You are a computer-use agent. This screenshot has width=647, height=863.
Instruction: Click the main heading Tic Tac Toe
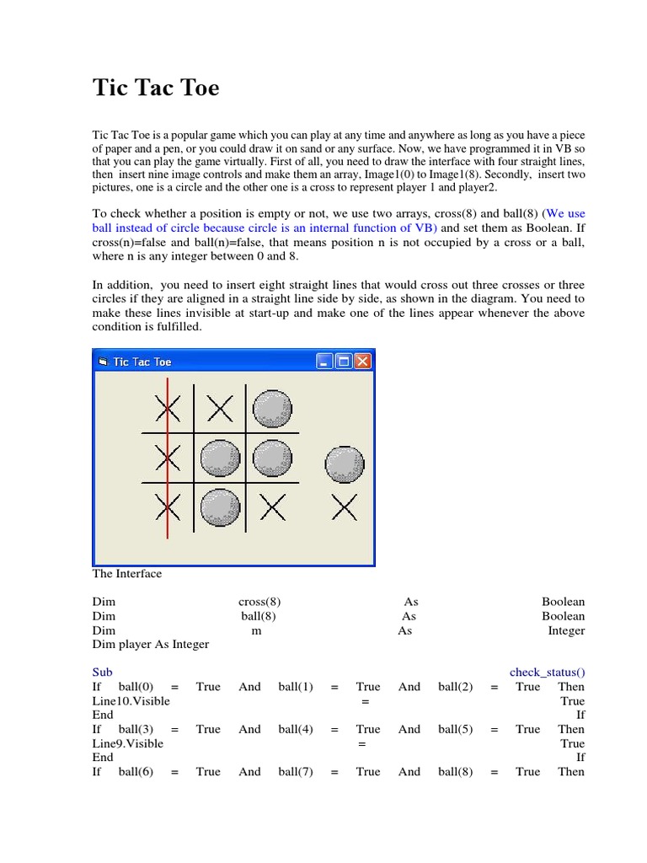point(156,88)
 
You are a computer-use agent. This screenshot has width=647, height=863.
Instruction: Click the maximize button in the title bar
point(344,362)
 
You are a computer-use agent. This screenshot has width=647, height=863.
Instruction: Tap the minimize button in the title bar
point(325,362)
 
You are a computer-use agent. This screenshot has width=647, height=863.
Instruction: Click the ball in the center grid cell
point(221,458)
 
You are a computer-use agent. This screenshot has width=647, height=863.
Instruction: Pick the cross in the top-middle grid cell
point(220,410)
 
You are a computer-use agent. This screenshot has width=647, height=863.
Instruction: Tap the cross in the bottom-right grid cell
point(272,507)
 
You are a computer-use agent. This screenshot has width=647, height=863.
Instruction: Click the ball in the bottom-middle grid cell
point(221,507)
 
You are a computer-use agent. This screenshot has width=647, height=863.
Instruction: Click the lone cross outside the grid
point(345,507)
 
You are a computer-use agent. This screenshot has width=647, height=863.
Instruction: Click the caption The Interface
point(126,574)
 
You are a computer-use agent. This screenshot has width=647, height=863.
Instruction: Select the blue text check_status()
point(547,673)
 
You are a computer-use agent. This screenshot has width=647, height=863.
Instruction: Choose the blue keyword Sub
point(102,673)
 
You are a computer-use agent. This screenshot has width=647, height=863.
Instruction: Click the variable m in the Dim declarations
point(256,630)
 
